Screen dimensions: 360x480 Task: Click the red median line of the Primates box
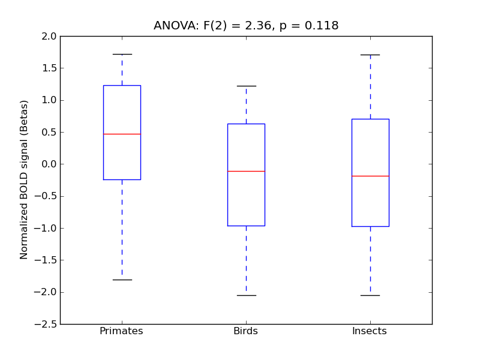(122, 134)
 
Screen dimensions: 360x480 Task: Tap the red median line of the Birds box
(246, 171)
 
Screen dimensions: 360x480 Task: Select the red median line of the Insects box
(370, 176)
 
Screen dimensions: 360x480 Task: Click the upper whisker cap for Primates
(122, 54)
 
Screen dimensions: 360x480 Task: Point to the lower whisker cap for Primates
(122, 280)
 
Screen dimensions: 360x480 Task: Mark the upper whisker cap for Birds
(246, 86)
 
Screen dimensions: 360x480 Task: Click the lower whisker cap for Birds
(246, 295)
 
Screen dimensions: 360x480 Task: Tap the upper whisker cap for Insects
(370, 55)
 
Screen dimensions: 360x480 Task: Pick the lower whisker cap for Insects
(370, 295)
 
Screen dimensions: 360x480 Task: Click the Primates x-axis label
(121, 331)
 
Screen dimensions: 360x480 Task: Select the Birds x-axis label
(245, 331)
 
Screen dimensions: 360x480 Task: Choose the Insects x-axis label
(370, 331)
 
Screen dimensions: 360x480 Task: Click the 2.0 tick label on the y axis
(49, 36)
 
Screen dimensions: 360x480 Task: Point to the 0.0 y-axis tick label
(49, 164)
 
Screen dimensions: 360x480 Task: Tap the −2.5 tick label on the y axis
(46, 324)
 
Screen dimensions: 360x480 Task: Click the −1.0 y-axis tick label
(46, 228)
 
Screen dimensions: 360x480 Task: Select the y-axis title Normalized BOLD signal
(24, 180)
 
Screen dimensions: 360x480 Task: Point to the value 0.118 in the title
(322, 26)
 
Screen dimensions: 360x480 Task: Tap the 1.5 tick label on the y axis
(49, 68)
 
